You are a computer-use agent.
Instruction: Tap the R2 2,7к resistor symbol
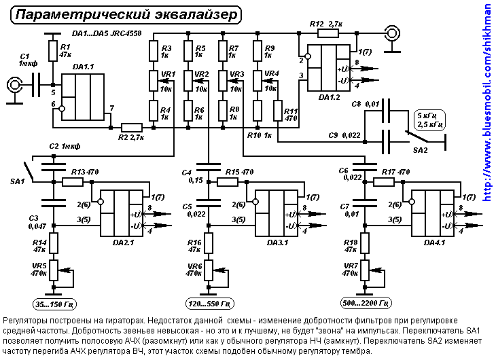(132, 127)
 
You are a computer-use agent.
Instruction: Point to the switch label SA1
(17, 181)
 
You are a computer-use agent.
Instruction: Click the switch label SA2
(421, 148)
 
